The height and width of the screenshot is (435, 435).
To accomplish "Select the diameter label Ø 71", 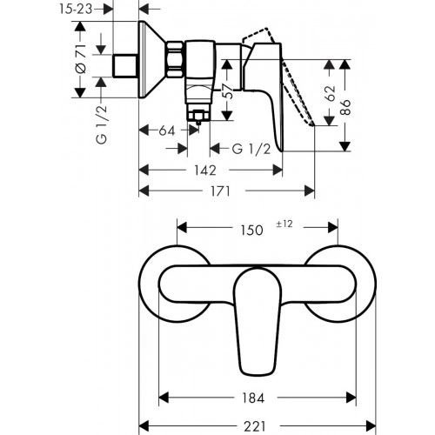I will click(x=80, y=62).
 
